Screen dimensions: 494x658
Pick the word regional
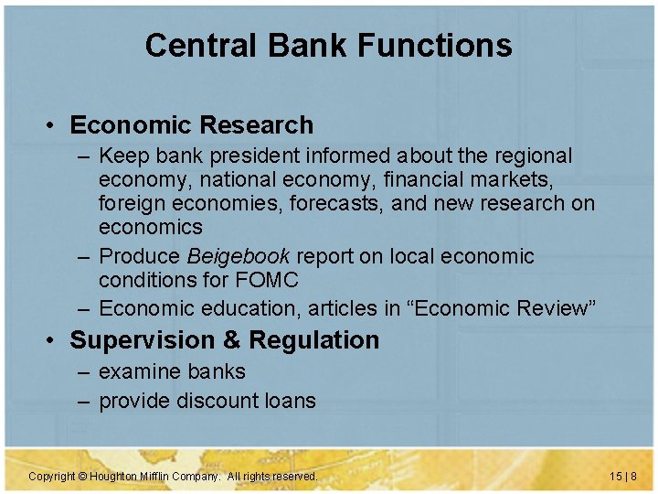tap(529, 156)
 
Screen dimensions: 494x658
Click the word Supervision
tap(143, 340)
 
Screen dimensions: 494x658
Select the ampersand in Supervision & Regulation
tap(232, 340)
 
